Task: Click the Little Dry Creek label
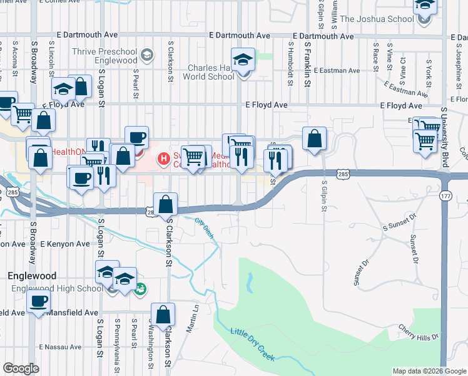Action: click(x=253, y=344)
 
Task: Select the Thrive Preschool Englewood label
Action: click(x=104, y=56)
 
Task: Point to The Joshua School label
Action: click(x=385, y=19)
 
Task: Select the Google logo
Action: click(x=21, y=368)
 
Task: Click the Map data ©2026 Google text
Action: click(x=429, y=371)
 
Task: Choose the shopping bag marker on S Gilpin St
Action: click(x=315, y=139)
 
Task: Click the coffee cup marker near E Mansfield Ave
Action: click(x=39, y=302)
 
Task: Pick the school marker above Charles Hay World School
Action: click(x=243, y=60)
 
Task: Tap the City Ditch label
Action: click(x=205, y=229)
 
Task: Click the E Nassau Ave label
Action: click(x=57, y=347)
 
